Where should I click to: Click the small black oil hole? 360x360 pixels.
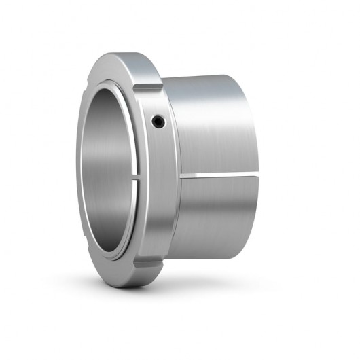click(158, 122)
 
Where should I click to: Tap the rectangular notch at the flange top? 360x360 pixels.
click(147, 87)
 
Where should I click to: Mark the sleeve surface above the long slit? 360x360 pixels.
click(217, 129)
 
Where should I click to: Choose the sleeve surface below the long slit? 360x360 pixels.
click(217, 217)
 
